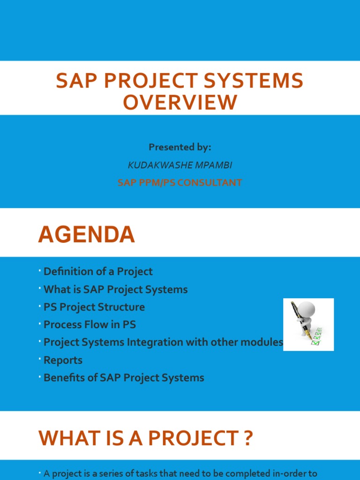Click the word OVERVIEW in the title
click(x=180, y=102)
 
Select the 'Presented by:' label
click(x=180, y=147)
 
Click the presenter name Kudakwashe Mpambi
click(x=180, y=165)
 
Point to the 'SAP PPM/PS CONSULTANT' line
click(x=180, y=183)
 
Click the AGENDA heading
click(x=86, y=234)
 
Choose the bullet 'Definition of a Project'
click(x=98, y=271)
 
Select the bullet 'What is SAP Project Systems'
click(x=115, y=290)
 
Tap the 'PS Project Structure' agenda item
click(x=94, y=307)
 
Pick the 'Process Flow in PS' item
click(x=90, y=325)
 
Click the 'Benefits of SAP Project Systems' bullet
click(x=124, y=378)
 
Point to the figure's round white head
click(x=308, y=309)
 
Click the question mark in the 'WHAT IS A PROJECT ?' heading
click(x=247, y=438)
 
